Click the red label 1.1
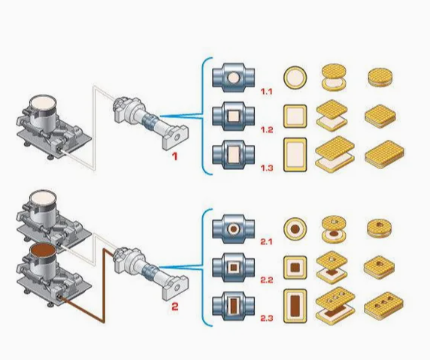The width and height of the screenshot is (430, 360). (x=267, y=92)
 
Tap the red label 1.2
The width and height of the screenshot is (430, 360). (x=267, y=130)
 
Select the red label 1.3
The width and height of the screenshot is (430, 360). (x=267, y=168)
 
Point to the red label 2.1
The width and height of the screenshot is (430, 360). (x=266, y=242)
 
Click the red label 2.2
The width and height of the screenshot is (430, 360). (x=267, y=280)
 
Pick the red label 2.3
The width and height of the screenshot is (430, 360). (x=267, y=318)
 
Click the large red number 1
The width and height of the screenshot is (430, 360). (x=174, y=156)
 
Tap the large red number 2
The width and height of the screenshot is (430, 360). (x=175, y=306)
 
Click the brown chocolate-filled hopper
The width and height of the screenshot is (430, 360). (x=44, y=260)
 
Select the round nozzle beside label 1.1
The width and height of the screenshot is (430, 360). (x=233, y=77)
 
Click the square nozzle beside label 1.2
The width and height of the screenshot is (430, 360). (x=233, y=116)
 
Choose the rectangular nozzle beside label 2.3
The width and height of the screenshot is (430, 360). (x=233, y=306)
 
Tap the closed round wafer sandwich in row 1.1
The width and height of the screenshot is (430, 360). (x=380, y=77)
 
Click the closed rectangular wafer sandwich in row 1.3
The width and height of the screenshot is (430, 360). (x=384, y=155)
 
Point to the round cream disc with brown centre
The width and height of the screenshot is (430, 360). (x=295, y=229)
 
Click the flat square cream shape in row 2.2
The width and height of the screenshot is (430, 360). (x=295, y=268)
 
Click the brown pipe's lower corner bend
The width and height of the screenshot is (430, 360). (x=104, y=322)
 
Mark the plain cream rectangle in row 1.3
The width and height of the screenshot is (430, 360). (x=295, y=155)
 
